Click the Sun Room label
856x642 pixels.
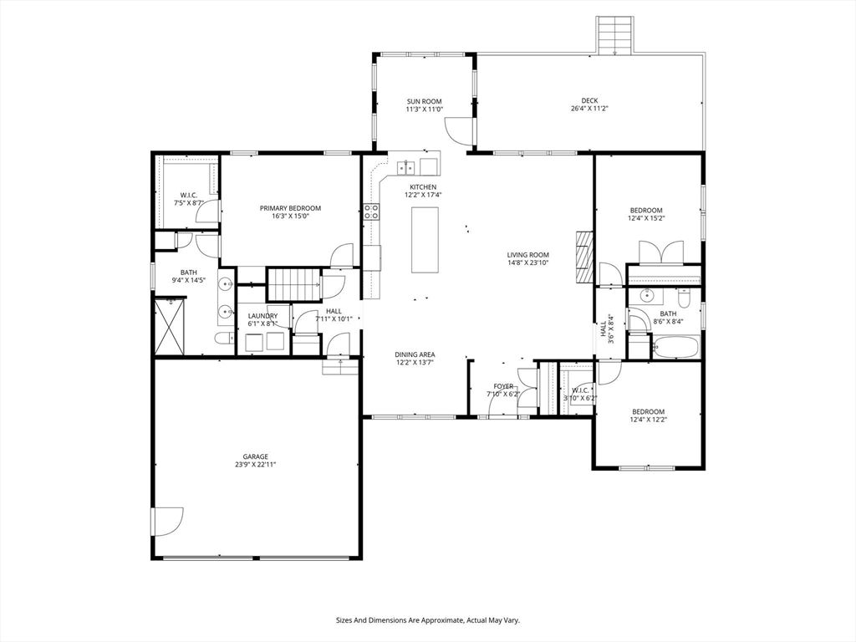(x=424, y=101)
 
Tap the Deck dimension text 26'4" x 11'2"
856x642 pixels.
(x=589, y=109)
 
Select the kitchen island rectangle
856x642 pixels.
(x=425, y=240)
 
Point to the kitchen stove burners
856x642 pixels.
(x=372, y=211)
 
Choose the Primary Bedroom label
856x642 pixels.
(x=290, y=208)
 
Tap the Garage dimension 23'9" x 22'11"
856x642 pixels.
(x=256, y=465)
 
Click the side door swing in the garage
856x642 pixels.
(x=167, y=522)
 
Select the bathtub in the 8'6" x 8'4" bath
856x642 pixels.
(x=675, y=347)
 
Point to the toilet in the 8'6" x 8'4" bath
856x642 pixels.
(x=684, y=298)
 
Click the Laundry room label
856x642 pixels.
(x=262, y=316)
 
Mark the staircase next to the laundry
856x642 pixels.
(x=294, y=284)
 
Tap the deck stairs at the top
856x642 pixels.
(x=614, y=35)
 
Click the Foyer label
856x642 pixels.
(x=503, y=386)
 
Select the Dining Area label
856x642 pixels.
(x=415, y=354)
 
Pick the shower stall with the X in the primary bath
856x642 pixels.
(x=171, y=326)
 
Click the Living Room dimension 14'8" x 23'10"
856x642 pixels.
(x=528, y=262)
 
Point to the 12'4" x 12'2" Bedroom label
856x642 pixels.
(x=649, y=411)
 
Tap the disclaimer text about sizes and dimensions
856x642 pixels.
(x=427, y=620)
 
